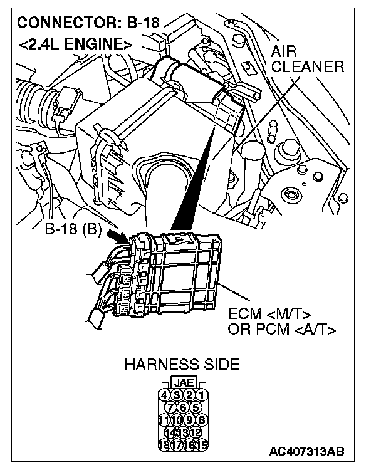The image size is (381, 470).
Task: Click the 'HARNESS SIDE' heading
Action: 182,364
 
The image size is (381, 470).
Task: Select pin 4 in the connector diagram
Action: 164,395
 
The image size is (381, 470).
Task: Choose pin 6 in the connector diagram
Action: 184,407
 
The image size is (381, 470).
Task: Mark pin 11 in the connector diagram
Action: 164,419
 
